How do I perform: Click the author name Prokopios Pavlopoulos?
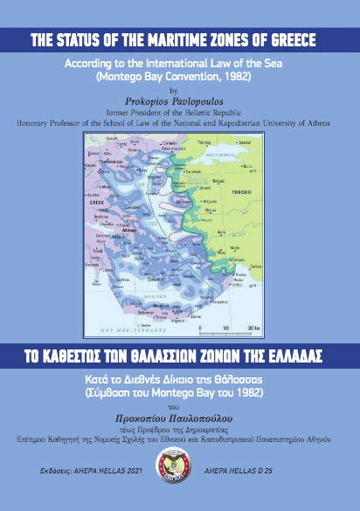[179, 100]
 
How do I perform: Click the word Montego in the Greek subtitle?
[180, 393]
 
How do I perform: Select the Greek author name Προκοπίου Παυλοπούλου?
[180, 418]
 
